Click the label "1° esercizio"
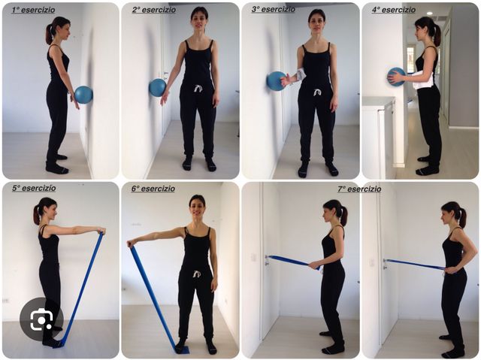[x=33, y=10]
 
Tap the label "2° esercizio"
[x=154, y=10]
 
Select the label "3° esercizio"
[x=274, y=10]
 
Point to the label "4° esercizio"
[x=394, y=10]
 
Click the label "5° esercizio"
[x=34, y=188]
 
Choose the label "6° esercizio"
[x=153, y=189]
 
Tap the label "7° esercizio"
[x=359, y=189]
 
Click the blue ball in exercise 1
[x=83, y=95]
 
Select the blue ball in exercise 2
[x=158, y=87]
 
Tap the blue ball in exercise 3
[x=277, y=81]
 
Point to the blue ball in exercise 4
[x=396, y=77]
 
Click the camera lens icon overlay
[x=41, y=319]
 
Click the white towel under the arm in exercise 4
[x=423, y=80]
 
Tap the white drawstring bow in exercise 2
[x=198, y=89]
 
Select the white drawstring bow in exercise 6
[x=196, y=274]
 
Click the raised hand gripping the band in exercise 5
[x=101, y=230]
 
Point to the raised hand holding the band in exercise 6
[x=131, y=244]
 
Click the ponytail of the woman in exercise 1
[x=49, y=34]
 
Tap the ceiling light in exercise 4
[x=429, y=14]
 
